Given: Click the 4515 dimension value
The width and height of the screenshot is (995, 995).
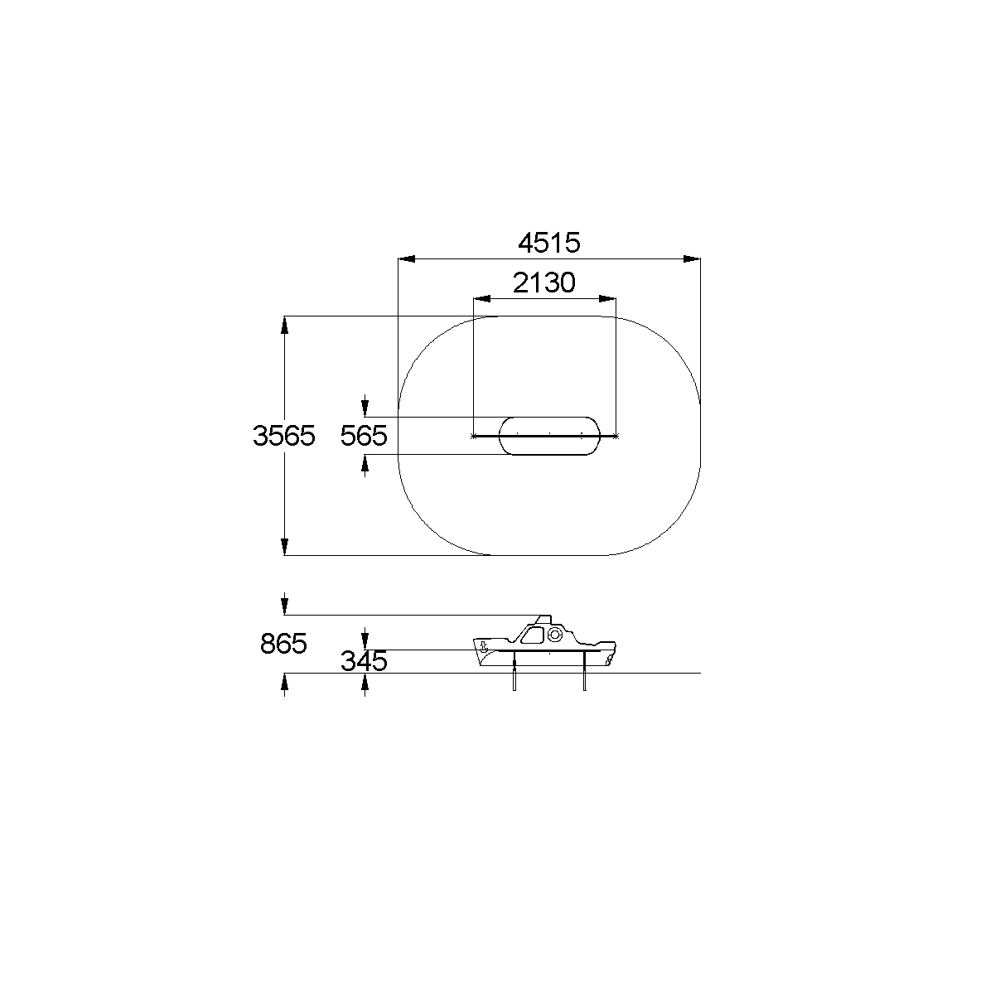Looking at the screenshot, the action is click(549, 243).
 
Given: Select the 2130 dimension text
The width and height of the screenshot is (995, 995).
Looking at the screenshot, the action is click(543, 283).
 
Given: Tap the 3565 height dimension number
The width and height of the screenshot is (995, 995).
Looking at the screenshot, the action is click(283, 436).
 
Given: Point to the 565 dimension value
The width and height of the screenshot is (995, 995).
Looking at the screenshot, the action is click(364, 436).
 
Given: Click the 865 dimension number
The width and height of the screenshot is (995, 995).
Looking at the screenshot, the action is click(283, 644).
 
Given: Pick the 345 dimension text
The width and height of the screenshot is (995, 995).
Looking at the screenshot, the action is click(364, 661).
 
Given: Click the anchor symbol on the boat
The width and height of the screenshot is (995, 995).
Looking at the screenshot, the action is click(483, 646).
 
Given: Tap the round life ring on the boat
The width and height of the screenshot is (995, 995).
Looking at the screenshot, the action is click(554, 635).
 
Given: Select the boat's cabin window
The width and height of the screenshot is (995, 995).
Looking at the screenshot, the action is click(532, 635).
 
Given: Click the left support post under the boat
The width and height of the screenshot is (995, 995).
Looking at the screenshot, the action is click(514, 671).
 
